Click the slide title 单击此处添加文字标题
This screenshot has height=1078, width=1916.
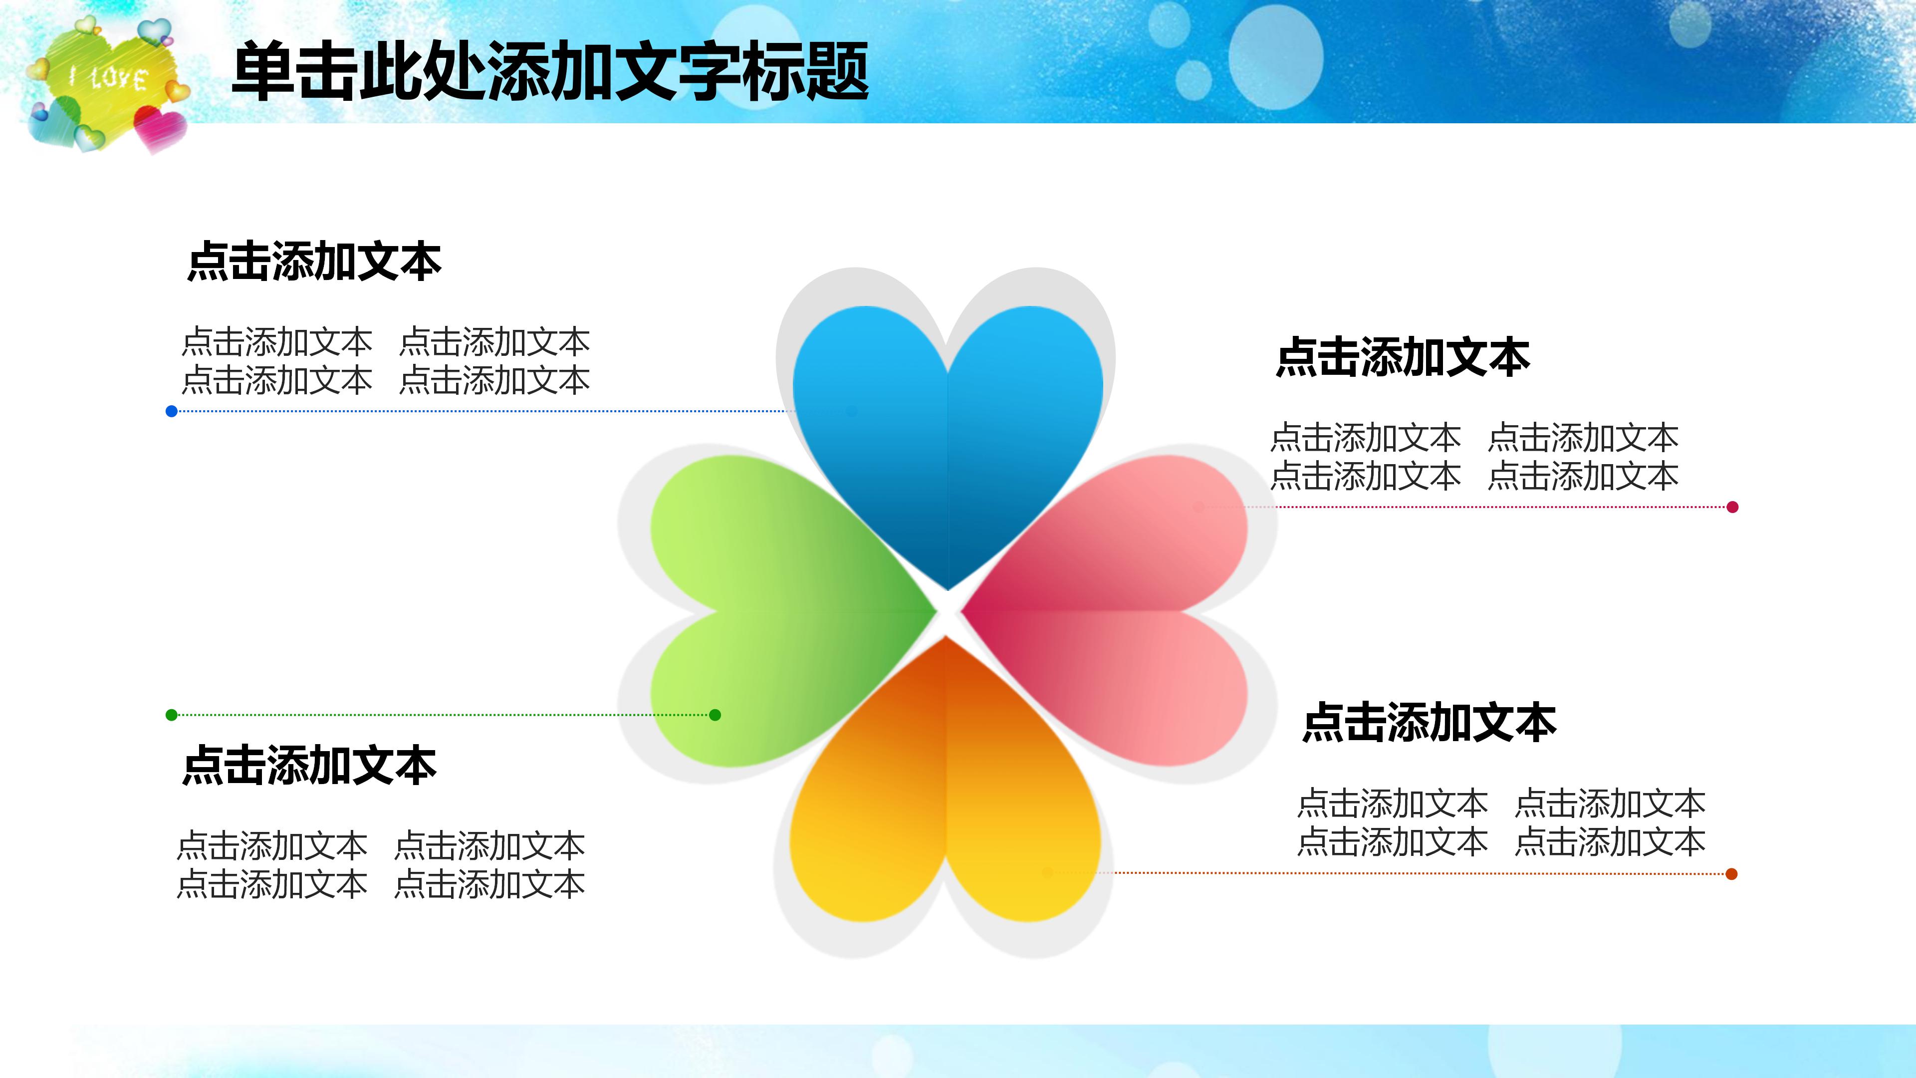pos(550,72)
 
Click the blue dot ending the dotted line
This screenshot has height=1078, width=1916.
pos(172,411)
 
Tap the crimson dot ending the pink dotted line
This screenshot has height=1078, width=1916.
pos(1732,508)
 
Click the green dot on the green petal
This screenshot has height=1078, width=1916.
pos(716,715)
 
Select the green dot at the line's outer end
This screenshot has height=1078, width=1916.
pos(172,715)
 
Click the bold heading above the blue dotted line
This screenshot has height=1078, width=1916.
pos(315,262)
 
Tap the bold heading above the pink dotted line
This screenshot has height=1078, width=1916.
pos(1403,358)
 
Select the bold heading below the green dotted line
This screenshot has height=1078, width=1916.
pos(309,766)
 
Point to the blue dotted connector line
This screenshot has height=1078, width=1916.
pos(476,411)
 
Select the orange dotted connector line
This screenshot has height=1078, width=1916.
pos(1413,873)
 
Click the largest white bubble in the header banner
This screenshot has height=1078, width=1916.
pos(1276,58)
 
